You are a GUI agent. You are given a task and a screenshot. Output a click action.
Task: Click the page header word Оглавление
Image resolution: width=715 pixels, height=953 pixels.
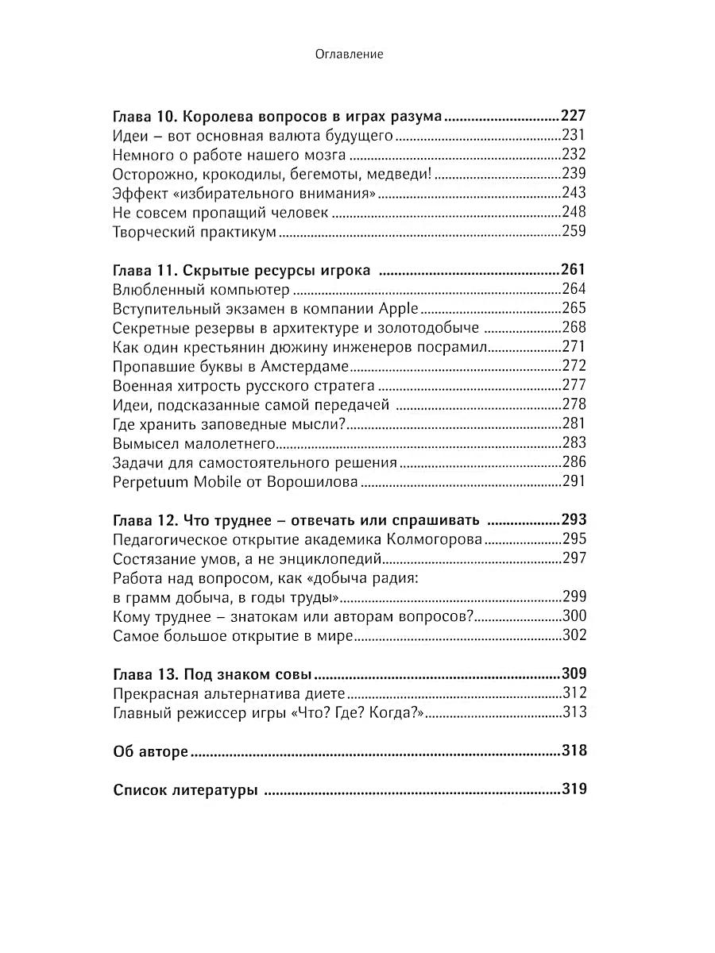350,54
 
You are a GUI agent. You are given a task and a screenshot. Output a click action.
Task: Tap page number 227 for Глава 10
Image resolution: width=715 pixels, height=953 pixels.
573,115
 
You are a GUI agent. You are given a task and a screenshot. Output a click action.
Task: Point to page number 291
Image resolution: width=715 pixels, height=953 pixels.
573,481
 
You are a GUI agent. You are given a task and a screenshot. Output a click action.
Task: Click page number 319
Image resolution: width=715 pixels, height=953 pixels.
573,790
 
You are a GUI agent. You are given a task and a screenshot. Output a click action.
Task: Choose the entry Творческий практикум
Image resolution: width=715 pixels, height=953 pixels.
195,231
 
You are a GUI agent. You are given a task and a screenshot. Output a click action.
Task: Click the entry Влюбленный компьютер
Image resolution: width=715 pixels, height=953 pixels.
201,289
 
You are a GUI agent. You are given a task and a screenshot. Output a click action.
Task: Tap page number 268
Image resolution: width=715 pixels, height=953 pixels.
573,327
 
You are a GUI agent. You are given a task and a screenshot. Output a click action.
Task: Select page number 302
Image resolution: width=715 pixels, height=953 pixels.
573,635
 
